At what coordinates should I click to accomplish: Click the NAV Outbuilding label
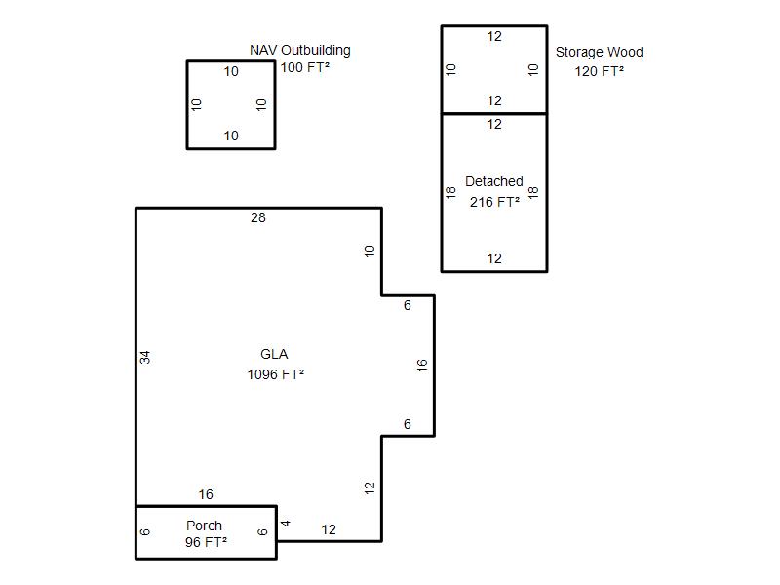(300, 51)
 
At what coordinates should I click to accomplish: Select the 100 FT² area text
(305, 67)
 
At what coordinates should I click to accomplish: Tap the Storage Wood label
(599, 53)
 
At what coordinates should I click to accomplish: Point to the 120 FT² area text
(599, 71)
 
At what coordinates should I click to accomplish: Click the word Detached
(494, 181)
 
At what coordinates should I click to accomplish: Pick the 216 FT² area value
(494, 202)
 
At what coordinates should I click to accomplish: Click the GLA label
(274, 354)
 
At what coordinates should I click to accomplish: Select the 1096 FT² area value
(276, 374)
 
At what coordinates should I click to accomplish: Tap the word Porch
(204, 526)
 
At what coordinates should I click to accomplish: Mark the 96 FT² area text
(206, 542)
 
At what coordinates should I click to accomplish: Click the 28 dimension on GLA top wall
(258, 217)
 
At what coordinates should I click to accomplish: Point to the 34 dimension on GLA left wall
(144, 357)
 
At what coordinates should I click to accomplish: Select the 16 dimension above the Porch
(206, 494)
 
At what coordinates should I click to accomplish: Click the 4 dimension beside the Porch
(286, 524)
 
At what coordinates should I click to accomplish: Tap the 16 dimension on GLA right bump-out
(422, 365)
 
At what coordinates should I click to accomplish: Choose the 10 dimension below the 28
(370, 252)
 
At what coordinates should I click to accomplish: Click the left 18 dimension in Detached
(450, 192)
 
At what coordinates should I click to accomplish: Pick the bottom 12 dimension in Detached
(494, 258)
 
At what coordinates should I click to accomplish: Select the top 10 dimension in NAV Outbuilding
(231, 71)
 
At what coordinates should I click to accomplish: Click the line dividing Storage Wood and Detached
(494, 114)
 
